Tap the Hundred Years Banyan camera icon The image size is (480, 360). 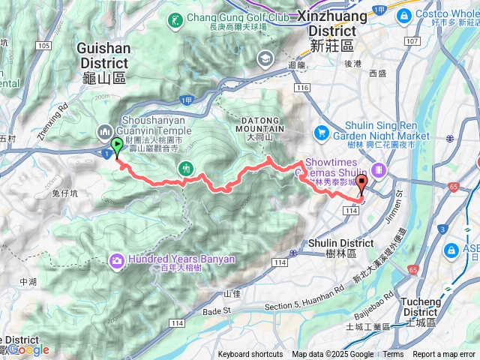117,260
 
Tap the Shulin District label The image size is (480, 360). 342,247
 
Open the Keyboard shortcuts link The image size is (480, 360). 250,355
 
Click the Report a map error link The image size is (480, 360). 444,355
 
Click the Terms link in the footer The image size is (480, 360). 393,355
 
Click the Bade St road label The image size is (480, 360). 216,310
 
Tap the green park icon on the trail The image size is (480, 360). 186,169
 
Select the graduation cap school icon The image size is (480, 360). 265,58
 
